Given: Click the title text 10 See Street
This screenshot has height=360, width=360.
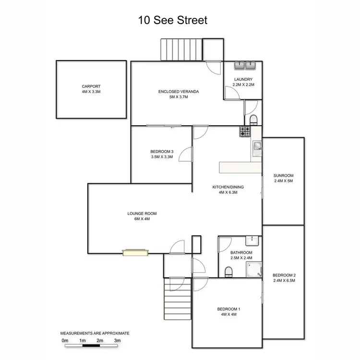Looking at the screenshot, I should [x=173, y=20].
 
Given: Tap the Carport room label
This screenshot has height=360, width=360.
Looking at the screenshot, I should [x=91, y=86].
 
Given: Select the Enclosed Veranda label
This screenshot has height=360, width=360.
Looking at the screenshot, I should [x=178, y=91].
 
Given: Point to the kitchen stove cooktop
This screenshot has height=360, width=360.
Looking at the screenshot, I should [x=245, y=131].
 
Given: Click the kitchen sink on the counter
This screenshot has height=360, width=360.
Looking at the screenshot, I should [x=256, y=145].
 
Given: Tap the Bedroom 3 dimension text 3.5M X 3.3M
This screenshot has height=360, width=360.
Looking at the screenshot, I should [x=161, y=157].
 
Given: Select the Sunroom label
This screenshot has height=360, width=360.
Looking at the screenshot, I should [x=283, y=175].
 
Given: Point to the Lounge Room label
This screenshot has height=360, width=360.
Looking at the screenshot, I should [x=142, y=214].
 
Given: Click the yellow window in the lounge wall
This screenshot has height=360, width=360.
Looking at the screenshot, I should [x=135, y=252].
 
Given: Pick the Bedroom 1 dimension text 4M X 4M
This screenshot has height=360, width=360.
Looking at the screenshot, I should [x=228, y=314].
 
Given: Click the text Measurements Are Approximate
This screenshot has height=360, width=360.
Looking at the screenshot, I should [x=95, y=333].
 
